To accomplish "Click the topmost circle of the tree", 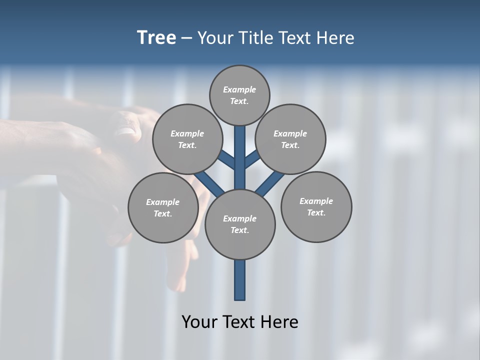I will (239, 95).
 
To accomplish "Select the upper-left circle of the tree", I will (187, 139).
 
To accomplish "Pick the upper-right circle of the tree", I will (290, 139).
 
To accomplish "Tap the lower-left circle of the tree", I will (163, 208).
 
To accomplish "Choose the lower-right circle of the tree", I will (316, 207).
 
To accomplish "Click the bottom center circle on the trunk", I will (240, 224).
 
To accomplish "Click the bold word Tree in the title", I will (156, 37).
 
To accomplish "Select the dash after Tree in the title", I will (186, 38).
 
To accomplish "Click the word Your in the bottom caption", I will (199, 321).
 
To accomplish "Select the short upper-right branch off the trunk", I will (252, 159).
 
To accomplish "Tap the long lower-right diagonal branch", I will (270, 183).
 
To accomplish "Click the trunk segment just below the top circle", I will (240, 137).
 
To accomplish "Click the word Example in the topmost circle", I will (239, 90).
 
